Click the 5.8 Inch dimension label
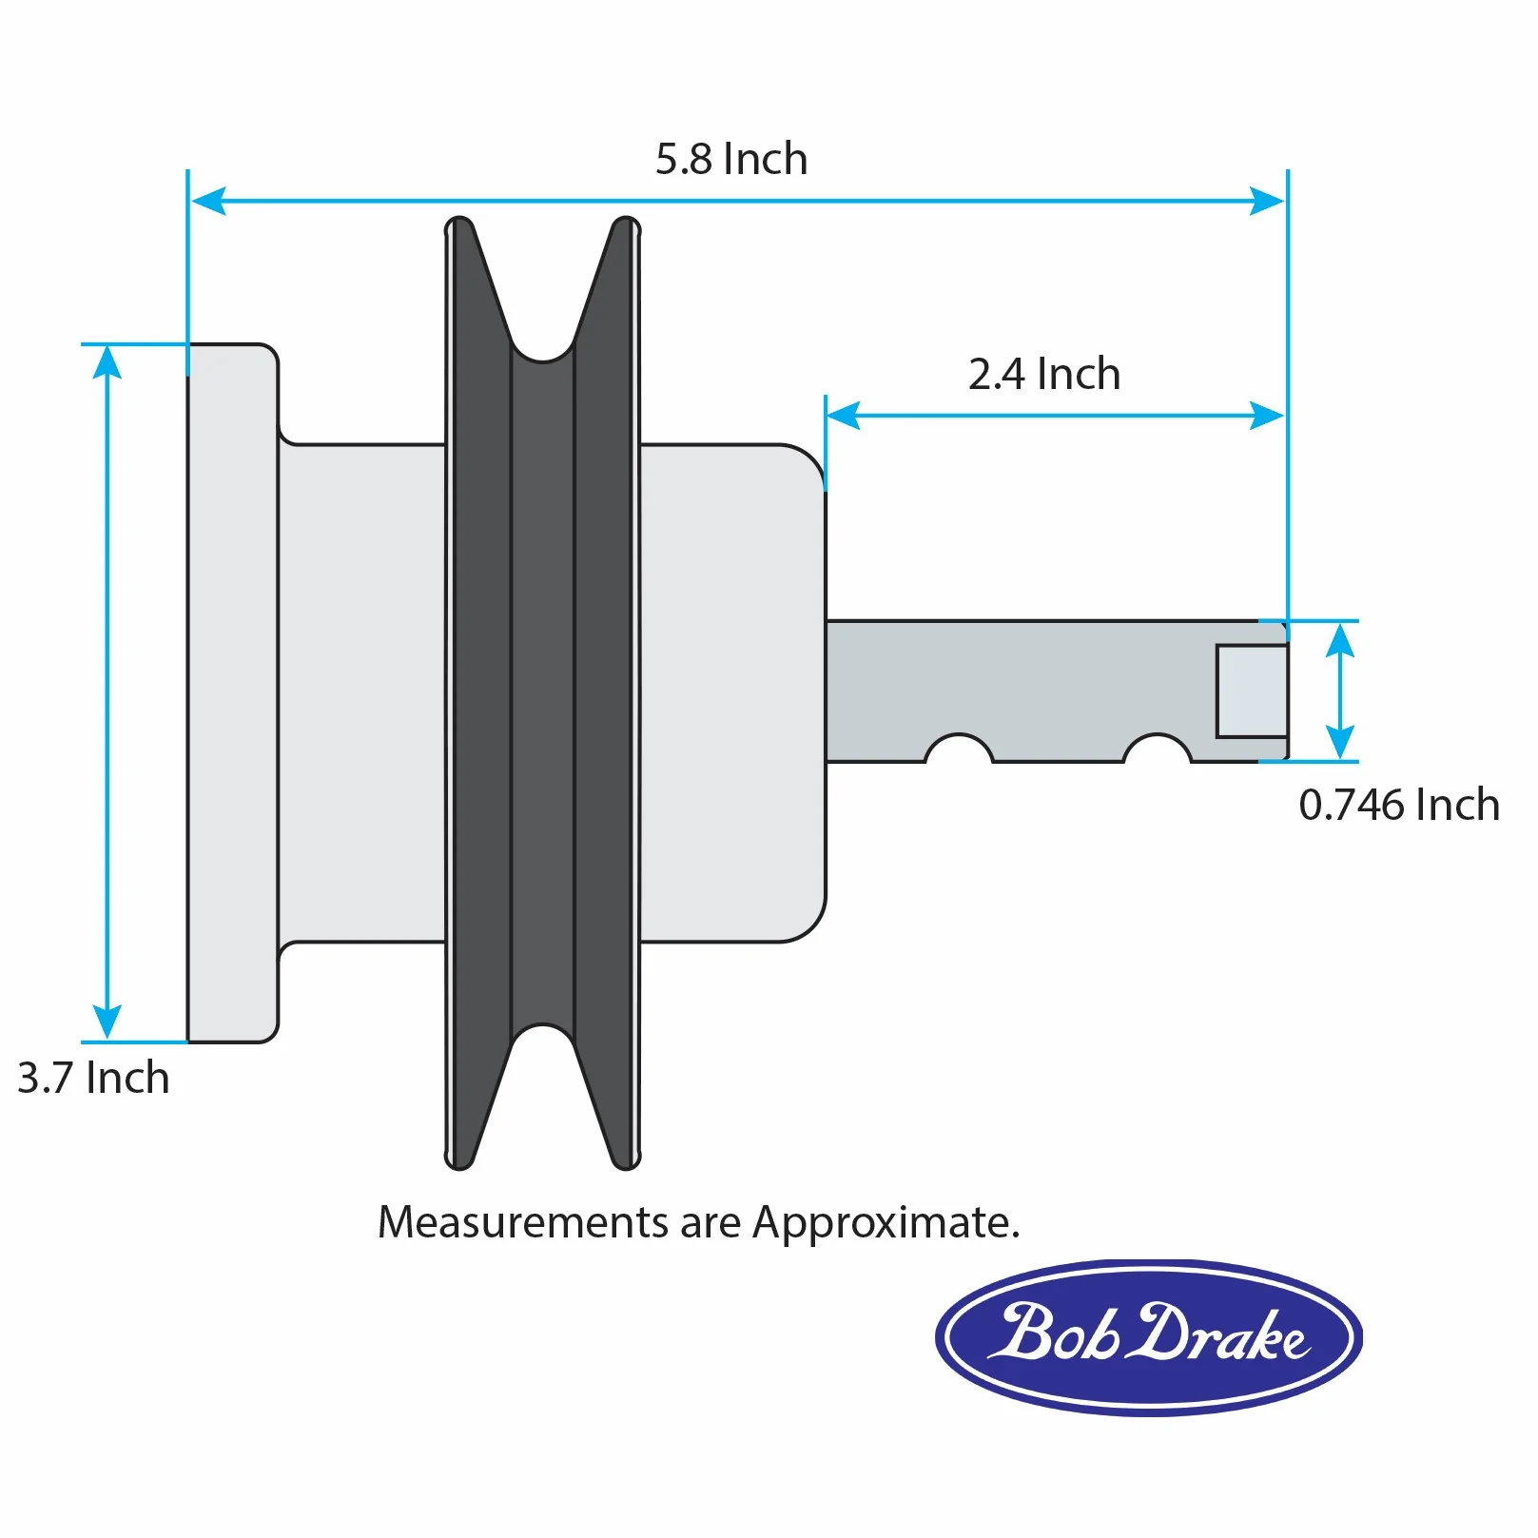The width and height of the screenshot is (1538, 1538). click(x=731, y=159)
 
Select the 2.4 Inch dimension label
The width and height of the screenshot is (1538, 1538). click(x=1044, y=374)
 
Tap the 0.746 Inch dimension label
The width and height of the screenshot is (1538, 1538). click(x=1399, y=805)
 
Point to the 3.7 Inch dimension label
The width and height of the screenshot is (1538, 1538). click(x=93, y=1078)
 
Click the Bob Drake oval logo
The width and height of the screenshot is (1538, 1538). click(x=1149, y=1337)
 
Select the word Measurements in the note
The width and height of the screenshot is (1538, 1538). click(x=523, y=1222)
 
